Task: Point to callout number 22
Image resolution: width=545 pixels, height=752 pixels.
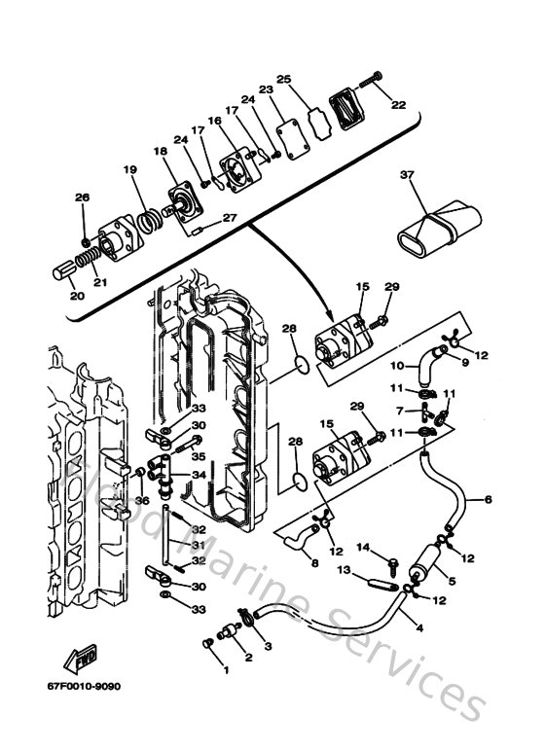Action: (398, 104)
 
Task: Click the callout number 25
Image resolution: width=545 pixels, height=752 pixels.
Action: (284, 80)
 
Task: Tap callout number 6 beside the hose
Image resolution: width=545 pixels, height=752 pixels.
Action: (489, 499)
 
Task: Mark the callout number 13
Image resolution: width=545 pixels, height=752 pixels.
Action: (344, 572)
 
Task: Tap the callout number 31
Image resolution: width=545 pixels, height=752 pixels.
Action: (199, 545)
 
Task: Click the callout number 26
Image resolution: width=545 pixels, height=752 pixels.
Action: (82, 198)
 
